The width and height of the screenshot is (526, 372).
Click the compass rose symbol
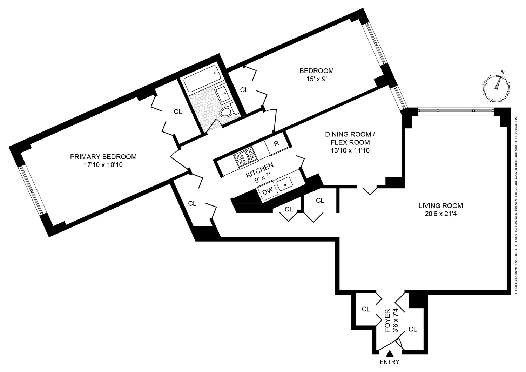496,87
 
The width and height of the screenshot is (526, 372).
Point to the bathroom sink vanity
222,94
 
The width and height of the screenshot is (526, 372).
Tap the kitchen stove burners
245,157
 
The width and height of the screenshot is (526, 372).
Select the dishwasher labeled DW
268,191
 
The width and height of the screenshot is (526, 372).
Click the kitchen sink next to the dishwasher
285,183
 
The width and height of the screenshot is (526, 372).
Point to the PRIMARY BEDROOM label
103,157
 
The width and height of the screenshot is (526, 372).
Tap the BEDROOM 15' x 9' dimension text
316,79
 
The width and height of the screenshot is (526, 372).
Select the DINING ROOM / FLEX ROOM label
348,138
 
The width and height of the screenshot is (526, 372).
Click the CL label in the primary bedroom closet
178,112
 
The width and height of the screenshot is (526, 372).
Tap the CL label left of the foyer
366,309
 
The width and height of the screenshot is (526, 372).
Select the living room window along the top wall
456,111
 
